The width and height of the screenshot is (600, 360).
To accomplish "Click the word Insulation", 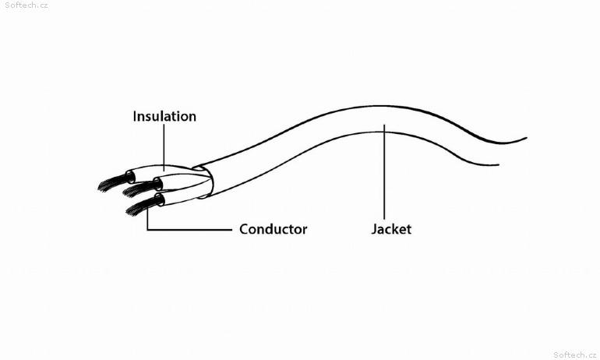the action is (164, 116).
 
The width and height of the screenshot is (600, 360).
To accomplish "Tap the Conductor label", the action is (274, 229).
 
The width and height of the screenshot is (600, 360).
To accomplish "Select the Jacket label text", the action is (391, 229).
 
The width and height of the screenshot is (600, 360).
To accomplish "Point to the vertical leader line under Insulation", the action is (164, 147).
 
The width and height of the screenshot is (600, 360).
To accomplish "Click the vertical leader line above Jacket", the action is (384, 172).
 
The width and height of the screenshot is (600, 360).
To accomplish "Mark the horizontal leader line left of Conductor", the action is (189, 230).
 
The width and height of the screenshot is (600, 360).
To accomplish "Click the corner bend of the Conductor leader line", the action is (148, 230).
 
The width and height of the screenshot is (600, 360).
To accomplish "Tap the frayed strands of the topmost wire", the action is (112, 182).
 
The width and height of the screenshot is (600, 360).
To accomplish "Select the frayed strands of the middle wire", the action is (138, 189).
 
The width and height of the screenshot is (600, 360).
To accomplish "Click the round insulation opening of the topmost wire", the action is (130, 177).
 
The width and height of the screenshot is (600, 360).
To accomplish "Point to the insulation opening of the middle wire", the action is (157, 184).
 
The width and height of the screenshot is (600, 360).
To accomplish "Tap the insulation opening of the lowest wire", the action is (160, 199).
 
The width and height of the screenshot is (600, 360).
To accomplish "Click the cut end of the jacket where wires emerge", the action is (204, 182).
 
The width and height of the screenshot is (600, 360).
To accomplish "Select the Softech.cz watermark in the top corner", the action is (26, 5).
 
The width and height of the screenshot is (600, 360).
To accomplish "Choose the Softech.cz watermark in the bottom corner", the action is (575, 355).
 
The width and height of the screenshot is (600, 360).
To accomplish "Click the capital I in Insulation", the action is (135, 116).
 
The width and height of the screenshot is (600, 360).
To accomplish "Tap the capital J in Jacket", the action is (374, 230).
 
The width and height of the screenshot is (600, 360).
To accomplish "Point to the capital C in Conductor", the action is (244, 229).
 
